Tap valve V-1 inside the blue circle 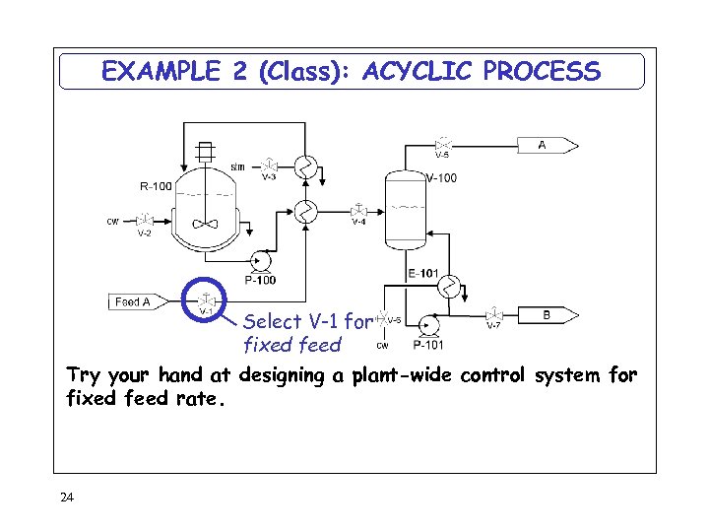coord(206,299)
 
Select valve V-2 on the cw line coord(145,220)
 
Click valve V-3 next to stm coord(269,165)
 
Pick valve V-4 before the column coord(360,210)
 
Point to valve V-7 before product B coord(492,315)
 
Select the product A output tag coord(548,146)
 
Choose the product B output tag coord(551,315)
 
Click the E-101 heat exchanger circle coord(450,288)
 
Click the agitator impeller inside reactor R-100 coord(205,224)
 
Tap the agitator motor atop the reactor coord(205,152)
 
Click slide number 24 coord(67,498)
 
